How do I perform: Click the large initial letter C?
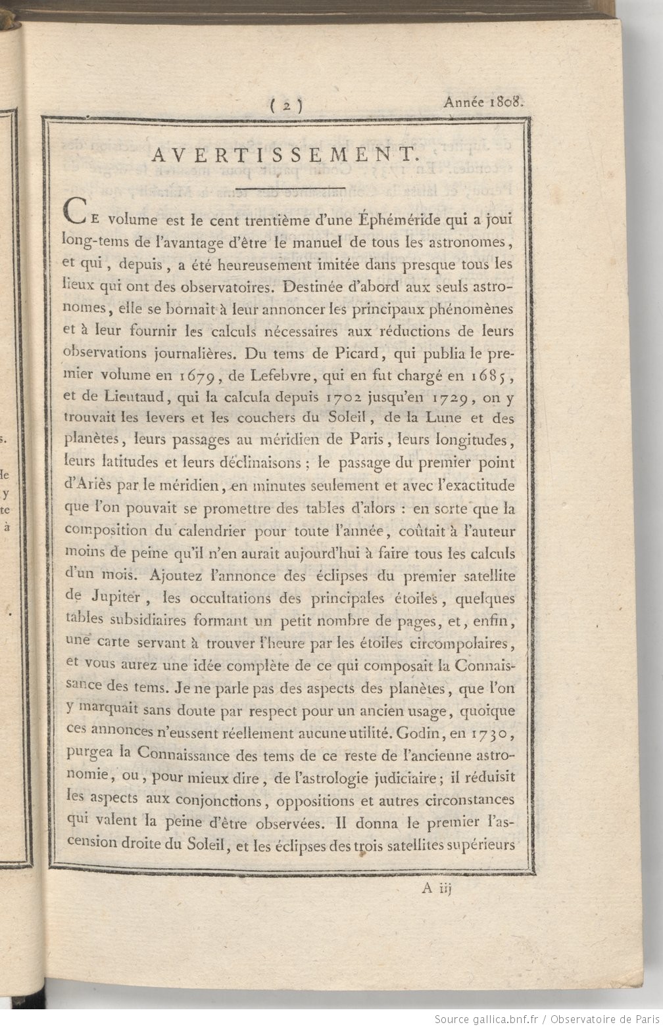[74, 213]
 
